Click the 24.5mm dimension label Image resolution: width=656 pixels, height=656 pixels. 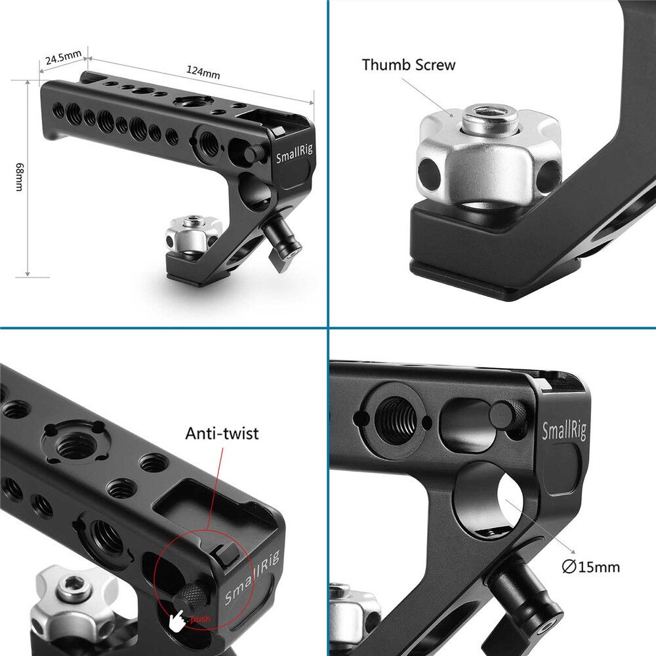coord(63,57)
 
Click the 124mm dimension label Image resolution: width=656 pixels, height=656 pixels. coord(203,72)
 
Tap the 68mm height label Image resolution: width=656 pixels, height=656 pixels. coord(20,177)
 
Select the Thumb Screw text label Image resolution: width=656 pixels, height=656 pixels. coord(408,65)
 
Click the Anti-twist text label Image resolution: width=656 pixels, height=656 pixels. coord(222,433)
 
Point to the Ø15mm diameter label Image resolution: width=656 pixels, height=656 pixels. coord(591,567)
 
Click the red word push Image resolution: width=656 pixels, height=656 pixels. coord(200,619)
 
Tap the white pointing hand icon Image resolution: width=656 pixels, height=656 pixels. coord(177,621)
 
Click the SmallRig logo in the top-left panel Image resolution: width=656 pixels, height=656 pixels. coord(294,154)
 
